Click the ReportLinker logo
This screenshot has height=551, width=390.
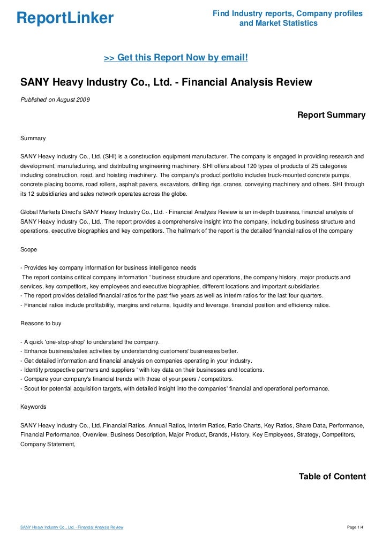pyautogui.click(x=65, y=18)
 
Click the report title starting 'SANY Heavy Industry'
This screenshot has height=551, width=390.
pyautogui.click(x=166, y=82)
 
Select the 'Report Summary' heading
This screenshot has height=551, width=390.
pyautogui.click(x=331, y=115)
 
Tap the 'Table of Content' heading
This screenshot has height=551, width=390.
pyautogui.click(x=332, y=477)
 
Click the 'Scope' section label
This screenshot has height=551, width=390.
pyautogui.click(x=28, y=249)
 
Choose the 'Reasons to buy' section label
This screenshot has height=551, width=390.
pyautogui.click(x=40, y=324)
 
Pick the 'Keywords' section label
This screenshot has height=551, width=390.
pyautogui.click(x=33, y=407)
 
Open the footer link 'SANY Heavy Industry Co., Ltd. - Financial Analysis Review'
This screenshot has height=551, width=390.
pyautogui.click(x=72, y=527)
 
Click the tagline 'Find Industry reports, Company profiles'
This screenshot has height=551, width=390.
pyautogui.click(x=287, y=13)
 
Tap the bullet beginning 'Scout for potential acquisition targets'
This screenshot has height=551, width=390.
pyautogui.click(x=174, y=388)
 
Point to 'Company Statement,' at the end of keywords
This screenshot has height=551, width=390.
pyautogui.click(x=48, y=444)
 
